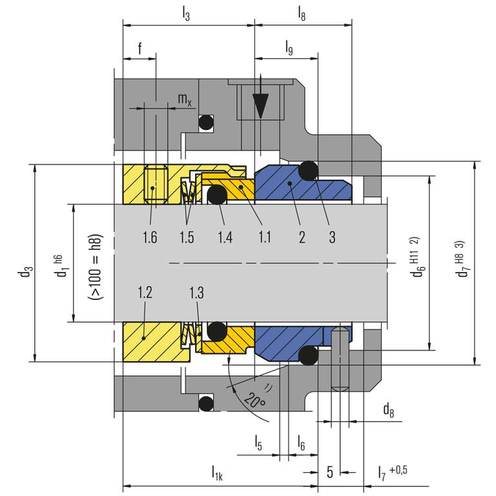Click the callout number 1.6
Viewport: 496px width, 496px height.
(150, 237)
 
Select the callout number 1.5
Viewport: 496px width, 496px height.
(187, 237)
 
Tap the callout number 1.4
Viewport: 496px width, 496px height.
(225, 237)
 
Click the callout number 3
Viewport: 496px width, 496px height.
(332, 237)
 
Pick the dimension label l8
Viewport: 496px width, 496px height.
(302, 12)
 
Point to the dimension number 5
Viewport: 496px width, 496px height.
(329, 472)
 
